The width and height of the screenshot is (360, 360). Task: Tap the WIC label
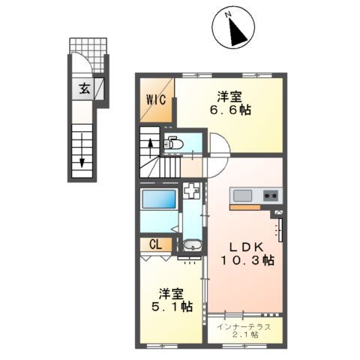[x=155, y=99]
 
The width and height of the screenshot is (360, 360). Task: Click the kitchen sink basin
[x=242, y=196]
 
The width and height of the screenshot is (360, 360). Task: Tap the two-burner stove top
[x=269, y=196]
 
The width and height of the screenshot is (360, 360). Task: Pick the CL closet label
[x=155, y=244]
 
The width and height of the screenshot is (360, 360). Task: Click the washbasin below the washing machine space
[x=190, y=245]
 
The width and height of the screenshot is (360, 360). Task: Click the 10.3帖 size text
[x=246, y=260]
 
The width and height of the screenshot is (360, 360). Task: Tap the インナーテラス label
[x=244, y=326]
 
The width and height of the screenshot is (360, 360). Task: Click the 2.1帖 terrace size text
[x=244, y=335]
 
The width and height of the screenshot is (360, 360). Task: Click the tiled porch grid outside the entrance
[x=89, y=47]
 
